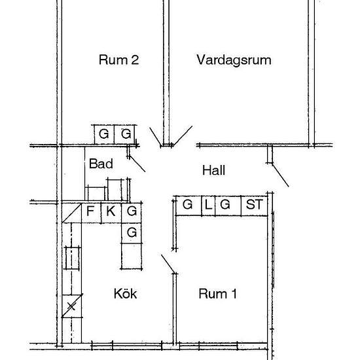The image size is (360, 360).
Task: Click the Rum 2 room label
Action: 118,60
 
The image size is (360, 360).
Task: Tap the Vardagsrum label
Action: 234,60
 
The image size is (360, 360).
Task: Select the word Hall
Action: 213,170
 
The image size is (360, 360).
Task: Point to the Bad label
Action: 101,164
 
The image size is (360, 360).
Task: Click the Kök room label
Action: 126,293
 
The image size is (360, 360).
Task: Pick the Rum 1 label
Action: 217,294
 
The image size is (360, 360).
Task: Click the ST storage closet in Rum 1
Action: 254,206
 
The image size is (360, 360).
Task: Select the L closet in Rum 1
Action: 208,206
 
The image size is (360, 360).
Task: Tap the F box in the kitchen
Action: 91,213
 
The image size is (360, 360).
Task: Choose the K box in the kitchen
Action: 111,213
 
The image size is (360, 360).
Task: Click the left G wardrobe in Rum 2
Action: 104,135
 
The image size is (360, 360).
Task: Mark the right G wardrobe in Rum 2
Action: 124,135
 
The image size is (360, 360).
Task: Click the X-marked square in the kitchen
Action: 72,306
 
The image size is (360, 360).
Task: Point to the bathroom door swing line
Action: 137,164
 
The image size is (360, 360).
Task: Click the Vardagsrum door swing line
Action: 183,135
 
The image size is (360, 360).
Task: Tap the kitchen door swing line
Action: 168,264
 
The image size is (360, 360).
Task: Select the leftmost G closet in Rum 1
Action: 189,206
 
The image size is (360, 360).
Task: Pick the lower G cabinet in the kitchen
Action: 132,233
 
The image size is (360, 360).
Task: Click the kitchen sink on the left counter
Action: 72,258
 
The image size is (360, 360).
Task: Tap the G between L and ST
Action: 228,206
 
